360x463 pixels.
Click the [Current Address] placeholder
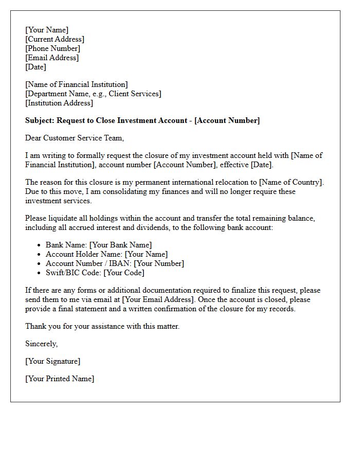click(x=55, y=39)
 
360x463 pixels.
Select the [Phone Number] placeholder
click(x=52, y=48)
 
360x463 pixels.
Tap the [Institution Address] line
click(x=59, y=103)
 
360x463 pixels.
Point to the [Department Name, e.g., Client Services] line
click(x=93, y=94)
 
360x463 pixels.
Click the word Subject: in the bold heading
click(x=40, y=120)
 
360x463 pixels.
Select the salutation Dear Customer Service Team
click(x=75, y=138)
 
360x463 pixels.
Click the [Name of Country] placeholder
click(x=291, y=182)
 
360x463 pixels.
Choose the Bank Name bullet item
click(x=99, y=245)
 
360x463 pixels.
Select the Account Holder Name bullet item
click(x=106, y=254)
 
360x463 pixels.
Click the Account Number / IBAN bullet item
click(x=115, y=263)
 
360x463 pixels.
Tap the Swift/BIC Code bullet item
click(x=95, y=273)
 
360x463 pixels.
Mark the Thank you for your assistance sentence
click(x=102, y=326)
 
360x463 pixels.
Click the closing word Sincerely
click(x=41, y=344)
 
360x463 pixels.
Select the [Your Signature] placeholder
click(x=52, y=361)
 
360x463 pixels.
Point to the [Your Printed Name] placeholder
click(x=60, y=379)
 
